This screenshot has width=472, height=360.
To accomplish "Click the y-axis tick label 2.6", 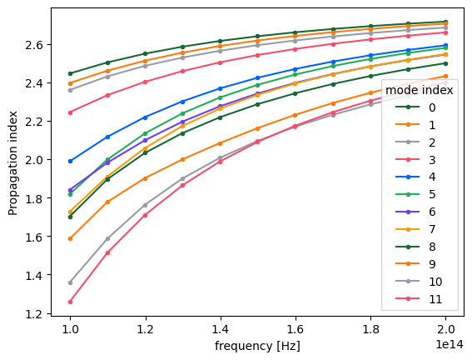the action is coord(35,45).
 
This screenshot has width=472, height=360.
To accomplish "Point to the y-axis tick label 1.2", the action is coord(35,314).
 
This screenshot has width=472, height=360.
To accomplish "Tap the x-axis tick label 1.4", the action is coord(221,329).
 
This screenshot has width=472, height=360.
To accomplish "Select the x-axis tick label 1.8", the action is coord(371,329).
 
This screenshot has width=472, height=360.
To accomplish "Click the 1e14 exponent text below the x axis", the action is coord(450,344).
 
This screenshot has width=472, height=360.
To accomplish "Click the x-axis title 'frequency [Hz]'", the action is coord(257,346).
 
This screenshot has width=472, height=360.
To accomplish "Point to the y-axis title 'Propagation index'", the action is coord(12,163).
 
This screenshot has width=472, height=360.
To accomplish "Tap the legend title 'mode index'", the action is coord(419,90).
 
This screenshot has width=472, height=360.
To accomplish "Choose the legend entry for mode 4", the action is coord(415,177).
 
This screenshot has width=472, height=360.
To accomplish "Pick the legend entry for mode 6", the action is coord(415,212).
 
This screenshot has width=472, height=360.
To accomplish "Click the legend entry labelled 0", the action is coord(415,107).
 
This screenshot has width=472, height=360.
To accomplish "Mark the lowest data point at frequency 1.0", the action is coord(71,302).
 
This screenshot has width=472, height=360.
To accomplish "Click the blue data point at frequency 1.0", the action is coord(71,161).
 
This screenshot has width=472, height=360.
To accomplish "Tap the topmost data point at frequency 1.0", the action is coord(71,73).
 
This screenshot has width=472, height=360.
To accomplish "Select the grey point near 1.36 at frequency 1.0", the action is coord(71,282).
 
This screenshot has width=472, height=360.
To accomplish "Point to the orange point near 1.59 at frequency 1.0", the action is coord(71,238).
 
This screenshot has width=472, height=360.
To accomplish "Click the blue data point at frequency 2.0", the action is coord(446,46).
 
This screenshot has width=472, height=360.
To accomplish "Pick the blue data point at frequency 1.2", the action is coord(146,117).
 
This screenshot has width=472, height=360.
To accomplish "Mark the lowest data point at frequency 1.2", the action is coord(146,215).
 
